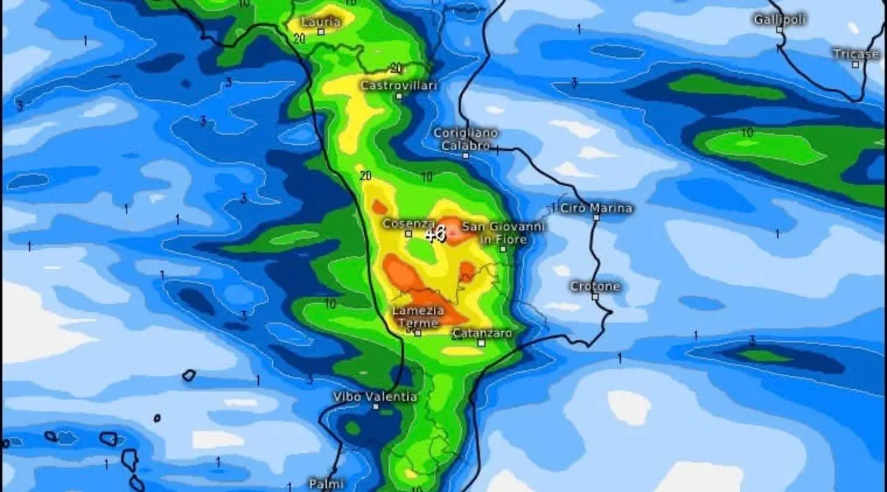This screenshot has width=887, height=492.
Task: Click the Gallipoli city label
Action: click(x=780, y=19)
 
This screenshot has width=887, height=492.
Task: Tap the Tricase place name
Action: click(x=855, y=54)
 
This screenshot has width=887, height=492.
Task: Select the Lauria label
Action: click(x=321, y=21)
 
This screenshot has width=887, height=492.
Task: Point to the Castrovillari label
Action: click(x=399, y=85)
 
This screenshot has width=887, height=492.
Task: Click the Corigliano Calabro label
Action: click(x=466, y=139)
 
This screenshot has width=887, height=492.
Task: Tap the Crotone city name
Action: click(x=596, y=286)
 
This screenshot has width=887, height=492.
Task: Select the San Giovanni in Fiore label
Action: click(x=503, y=232)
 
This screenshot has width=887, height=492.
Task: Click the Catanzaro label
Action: click(x=481, y=333)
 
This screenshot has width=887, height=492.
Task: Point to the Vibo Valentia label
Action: click(x=375, y=396)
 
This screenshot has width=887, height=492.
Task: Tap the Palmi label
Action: click(x=326, y=484)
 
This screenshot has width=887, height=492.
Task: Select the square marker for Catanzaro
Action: click(x=481, y=343)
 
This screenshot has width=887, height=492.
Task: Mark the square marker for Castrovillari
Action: click(x=399, y=96)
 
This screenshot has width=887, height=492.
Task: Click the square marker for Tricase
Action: click(x=855, y=65)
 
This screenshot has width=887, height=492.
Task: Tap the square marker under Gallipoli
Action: click(x=780, y=30)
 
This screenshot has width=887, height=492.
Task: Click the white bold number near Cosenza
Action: click(x=435, y=235)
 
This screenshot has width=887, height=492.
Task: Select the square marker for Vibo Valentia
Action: click(x=376, y=407)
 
